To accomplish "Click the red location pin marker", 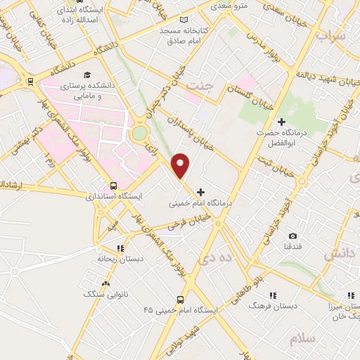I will tap(181, 166).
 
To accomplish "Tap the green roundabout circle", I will tap(140, 132).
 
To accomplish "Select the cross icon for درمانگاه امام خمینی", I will tap(202, 191).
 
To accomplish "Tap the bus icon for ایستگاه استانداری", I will tap(114, 186).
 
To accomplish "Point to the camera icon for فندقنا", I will tap(292, 236).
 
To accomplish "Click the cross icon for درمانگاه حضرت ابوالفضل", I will tap(281, 122).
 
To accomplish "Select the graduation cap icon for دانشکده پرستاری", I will tap(87, 75).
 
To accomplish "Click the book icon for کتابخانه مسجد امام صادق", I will tap(184, 20).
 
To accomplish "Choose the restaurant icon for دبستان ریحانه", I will tap(120, 248).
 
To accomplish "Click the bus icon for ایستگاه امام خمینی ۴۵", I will tap(180, 299).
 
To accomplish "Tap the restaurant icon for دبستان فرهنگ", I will tap(273, 295).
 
